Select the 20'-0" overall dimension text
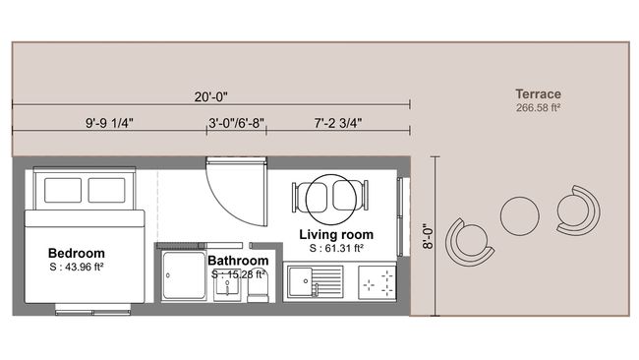click(x=210, y=95)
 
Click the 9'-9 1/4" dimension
click(x=109, y=124)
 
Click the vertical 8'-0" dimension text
click(x=426, y=237)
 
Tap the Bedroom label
click(x=76, y=254)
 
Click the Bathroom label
click(x=238, y=261)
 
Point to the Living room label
click(x=336, y=235)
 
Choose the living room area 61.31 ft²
click(x=336, y=249)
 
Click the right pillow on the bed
click(x=108, y=190)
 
